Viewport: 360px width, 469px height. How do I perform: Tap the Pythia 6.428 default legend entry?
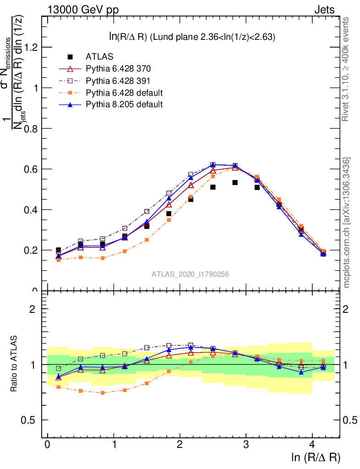tap(124, 93)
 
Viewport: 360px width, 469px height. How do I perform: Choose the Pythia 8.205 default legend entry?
tap(124, 104)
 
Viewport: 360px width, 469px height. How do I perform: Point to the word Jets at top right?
tap(324, 10)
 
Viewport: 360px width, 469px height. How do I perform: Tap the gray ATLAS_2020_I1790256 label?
tap(190, 274)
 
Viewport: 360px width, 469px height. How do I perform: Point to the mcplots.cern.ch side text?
tap(347, 223)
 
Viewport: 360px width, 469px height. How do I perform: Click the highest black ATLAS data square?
tap(235, 182)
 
